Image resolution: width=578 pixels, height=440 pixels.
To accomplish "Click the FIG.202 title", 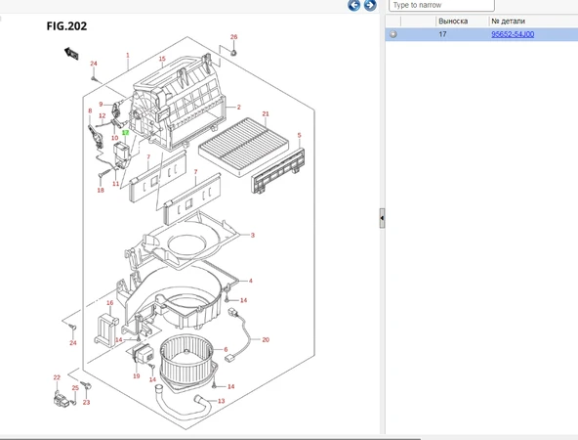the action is click(66, 26).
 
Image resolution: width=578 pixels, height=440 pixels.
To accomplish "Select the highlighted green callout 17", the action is click(125, 133).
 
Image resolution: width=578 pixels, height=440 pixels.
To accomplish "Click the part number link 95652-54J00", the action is click(513, 34).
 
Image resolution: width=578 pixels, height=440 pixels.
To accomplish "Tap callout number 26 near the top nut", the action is click(233, 37).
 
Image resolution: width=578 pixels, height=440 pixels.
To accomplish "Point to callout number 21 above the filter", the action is click(266, 114).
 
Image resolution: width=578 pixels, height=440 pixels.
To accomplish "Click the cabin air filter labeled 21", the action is click(244, 147).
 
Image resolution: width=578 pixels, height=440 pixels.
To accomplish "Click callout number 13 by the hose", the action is click(222, 401).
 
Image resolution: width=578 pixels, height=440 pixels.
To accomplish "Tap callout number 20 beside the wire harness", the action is click(266, 339).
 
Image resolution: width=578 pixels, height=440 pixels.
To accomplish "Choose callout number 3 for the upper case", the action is click(253, 235).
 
